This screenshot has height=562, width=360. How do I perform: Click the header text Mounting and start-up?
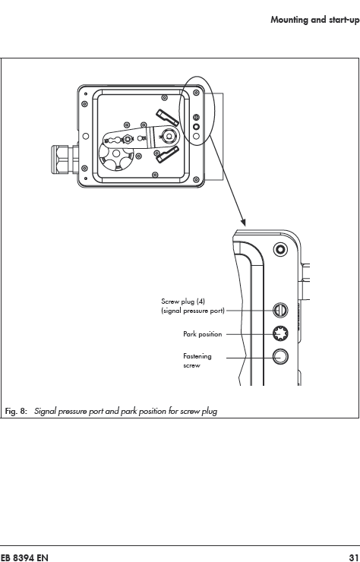coord(315,20)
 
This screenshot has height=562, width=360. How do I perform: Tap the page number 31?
coord(354,557)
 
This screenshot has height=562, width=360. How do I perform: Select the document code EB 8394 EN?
coord(24,557)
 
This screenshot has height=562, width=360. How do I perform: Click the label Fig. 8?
coord(16,411)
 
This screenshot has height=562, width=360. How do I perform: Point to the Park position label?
coord(203,334)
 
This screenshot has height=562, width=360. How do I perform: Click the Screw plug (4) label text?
coord(183,301)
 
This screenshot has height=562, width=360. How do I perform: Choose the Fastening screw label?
coord(197,361)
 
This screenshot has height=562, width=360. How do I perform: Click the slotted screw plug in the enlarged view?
coord(280,310)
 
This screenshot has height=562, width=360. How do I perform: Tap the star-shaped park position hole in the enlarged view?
coord(280,333)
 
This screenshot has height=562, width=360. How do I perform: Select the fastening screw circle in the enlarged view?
coord(280,357)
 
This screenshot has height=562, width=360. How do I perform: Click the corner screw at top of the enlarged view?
coord(280,249)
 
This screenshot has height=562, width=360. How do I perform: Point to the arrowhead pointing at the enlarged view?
coord(243,221)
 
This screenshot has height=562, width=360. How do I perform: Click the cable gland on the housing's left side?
coord(65,159)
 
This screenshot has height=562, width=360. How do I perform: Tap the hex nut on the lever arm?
coord(127,138)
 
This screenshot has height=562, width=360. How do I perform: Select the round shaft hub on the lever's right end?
coord(167,135)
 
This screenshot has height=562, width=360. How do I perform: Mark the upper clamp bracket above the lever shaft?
coord(167,118)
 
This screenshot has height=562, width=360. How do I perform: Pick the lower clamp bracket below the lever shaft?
coord(167,154)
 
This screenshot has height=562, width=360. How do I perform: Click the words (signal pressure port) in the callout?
coord(193,311)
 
